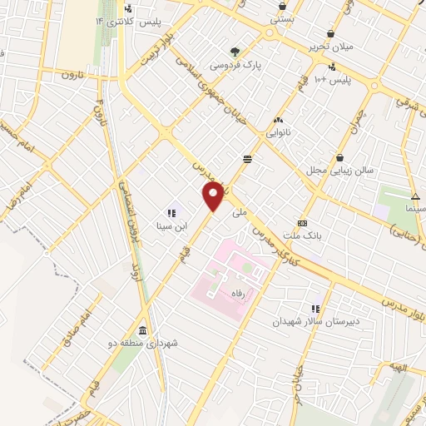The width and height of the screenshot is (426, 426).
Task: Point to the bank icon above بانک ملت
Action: (302, 223)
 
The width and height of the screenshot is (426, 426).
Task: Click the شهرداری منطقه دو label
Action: (143, 342)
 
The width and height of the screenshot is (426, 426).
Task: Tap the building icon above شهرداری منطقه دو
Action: (142, 329)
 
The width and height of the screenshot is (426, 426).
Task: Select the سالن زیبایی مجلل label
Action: (340, 170)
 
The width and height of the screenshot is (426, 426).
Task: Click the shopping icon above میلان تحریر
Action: (331, 33)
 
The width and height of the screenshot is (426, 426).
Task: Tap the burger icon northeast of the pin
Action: (247, 158)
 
